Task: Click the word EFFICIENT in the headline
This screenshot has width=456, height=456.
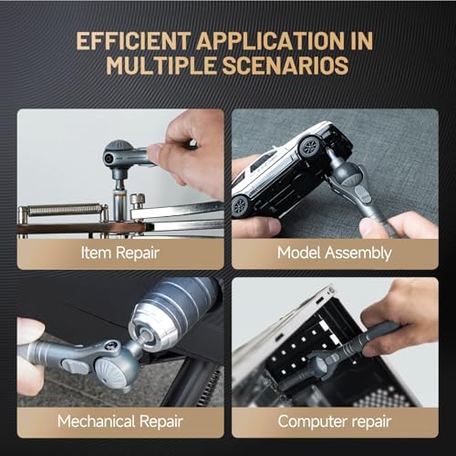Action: [x=133, y=41]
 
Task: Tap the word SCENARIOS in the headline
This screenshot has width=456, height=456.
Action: [x=285, y=66]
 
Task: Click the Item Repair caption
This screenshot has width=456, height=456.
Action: [x=120, y=253]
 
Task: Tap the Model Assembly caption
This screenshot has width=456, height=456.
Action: [x=335, y=253]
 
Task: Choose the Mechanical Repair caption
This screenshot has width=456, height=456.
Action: [x=120, y=421]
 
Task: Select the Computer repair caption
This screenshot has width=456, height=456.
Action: [x=335, y=422]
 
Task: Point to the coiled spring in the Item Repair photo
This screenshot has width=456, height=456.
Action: [x=65, y=210]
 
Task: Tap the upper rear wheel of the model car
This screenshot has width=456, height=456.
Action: [x=309, y=146]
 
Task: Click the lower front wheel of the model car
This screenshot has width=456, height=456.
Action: [x=241, y=204]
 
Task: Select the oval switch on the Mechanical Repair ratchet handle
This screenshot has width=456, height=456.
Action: [x=75, y=366]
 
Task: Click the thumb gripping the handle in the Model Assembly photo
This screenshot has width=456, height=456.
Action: [x=371, y=227]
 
